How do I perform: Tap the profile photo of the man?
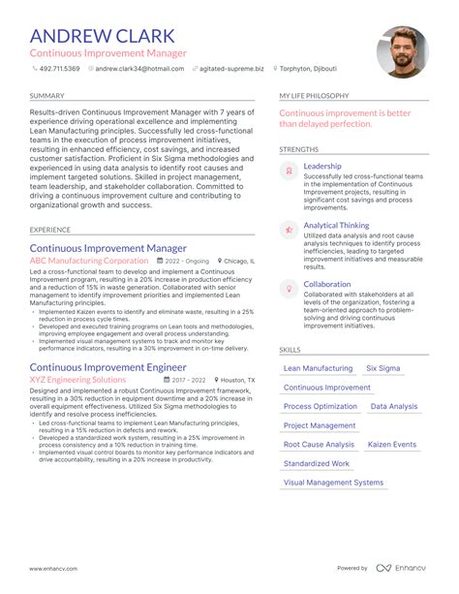pyautogui.click(x=402, y=52)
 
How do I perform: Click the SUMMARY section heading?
pyautogui.click(x=47, y=97)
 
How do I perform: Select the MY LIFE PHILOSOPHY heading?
pyautogui.click(x=317, y=97)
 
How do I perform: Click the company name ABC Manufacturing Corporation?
pyautogui.click(x=88, y=261)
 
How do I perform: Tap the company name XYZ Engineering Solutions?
pyautogui.click(x=77, y=381)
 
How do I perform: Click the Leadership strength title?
pyautogui.click(x=321, y=167)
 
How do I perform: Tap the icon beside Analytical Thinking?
pyautogui.click(x=288, y=230)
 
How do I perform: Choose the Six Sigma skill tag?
pyautogui.click(x=384, y=369)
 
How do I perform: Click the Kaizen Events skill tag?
pyautogui.click(x=391, y=445)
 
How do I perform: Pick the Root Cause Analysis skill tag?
pyautogui.click(x=319, y=445)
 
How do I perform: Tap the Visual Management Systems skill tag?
pyautogui.click(x=333, y=483)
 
